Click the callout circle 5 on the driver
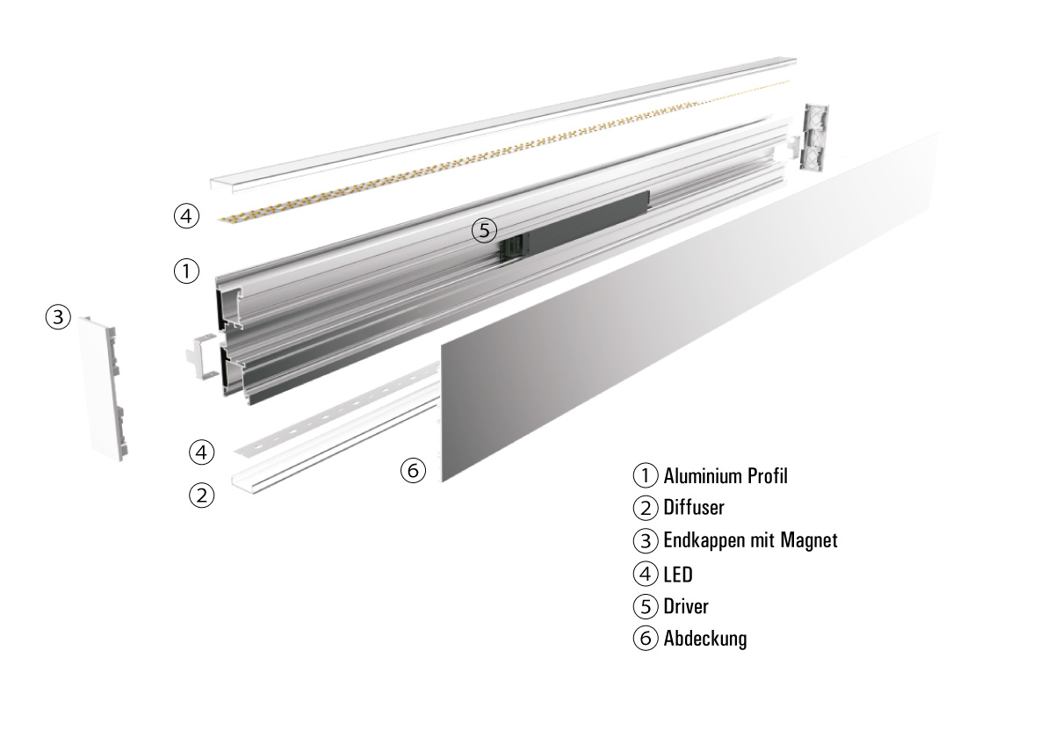click(x=484, y=230)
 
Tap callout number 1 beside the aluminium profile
click(x=186, y=271)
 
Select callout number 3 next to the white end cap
click(x=58, y=317)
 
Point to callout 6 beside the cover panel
click(x=413, y=470)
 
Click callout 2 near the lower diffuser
click(x=201, y=495)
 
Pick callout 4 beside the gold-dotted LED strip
click(x=186, y=216)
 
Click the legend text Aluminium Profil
click(x=726, y=476)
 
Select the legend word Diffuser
click(x=694, y=508)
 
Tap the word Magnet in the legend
click(x=809, y=540)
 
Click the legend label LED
click(x=678, y=575)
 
